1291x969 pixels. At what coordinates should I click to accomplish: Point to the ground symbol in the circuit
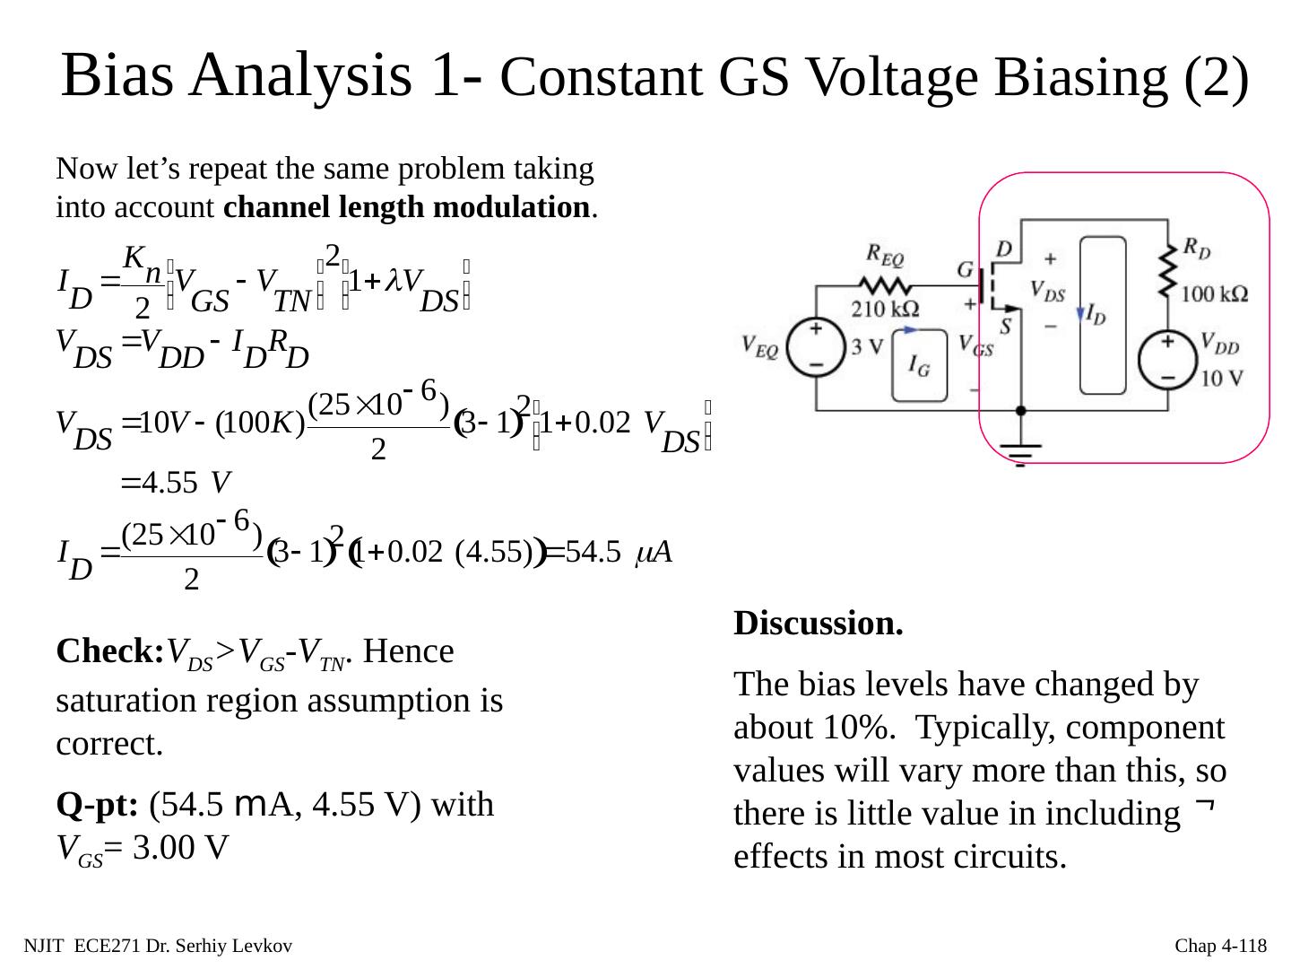[1020, 451]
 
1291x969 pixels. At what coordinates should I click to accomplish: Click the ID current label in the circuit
[1096, 313]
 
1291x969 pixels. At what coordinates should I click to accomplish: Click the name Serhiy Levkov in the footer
[244, 946]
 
